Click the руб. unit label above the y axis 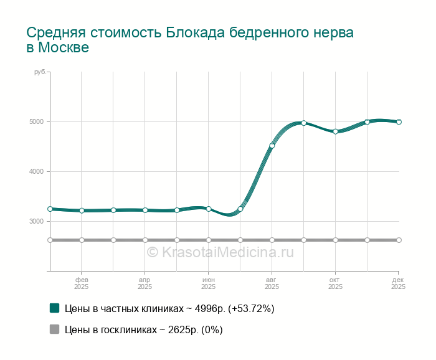[x=40, y=72]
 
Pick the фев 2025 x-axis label [x=82, y=283]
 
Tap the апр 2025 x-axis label [x=145, y=283]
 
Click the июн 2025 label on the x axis [x=209, y=283]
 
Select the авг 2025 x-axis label [x=272, y=283]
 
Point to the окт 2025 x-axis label [x=336, y=283]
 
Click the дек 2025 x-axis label [x=398, y=283]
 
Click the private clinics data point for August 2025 [x=272, y=146]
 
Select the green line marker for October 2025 [x=336, y=131]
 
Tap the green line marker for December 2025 [x=399, y=122]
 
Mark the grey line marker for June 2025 [x=209, y=240]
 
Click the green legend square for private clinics [x=54, y=308]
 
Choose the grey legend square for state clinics [x=54, y=329]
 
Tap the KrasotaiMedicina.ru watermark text [x=220, y=252]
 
